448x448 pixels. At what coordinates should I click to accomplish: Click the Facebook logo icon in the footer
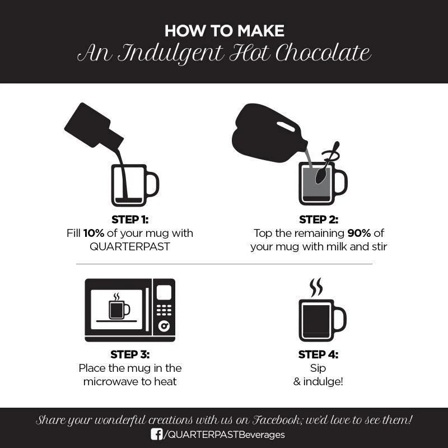pyautogui.click(x=157, y=435)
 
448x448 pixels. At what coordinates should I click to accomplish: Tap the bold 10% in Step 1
pyautogui.click(x=94, y=233)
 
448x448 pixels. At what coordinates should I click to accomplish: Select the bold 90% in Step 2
pyautogui.click(x=359, y=233)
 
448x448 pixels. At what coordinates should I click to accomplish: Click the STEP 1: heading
pyautogui.click(x=130, y=220)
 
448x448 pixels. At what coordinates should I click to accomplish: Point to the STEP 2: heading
pyautogui.click(x=319, y=220)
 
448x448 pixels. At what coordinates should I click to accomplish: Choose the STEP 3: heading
pyautogui.click(x=130, y=354)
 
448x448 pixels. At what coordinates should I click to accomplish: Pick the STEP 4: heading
pyautogui.click(x=318, y=354)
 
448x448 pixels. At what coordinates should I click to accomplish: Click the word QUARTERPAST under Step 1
pyautogui.click(x=130, y=246)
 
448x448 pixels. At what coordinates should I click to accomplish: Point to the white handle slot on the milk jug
pyautogui.click(x=286, y=127)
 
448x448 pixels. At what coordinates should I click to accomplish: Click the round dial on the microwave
pyautogui.click(x=164, y=326)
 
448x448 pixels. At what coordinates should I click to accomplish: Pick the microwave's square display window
pyautogui.click(x=164, y=292)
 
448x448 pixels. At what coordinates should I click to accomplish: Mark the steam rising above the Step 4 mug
pyautogui.click(x=316, y=287)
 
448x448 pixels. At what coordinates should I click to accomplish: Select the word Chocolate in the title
pyautogui.click(x=323, y=53)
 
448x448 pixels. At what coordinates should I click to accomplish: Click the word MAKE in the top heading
pyautogui.click(x=261, y=31)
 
